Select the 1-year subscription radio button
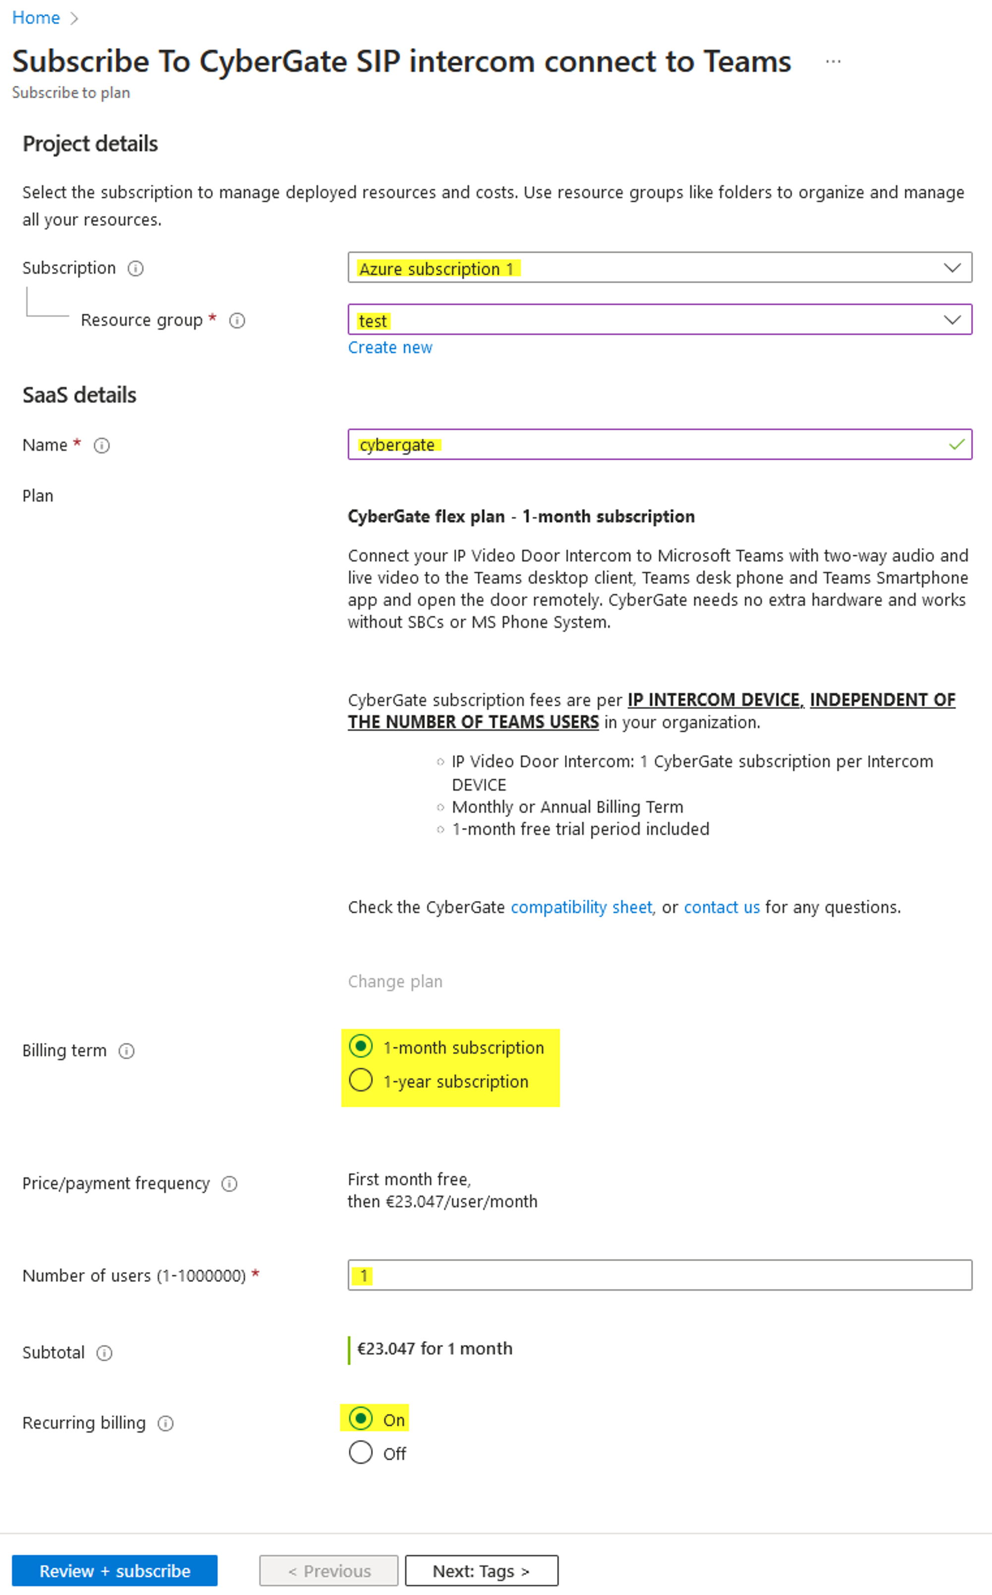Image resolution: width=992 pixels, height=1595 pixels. coord(361,1080)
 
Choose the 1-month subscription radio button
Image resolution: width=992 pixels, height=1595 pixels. coord(361,1046)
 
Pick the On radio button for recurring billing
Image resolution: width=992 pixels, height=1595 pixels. coord(361,1418)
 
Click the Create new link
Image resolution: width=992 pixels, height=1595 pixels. coord(390,348)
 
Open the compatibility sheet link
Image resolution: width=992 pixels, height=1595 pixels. coord(581,907)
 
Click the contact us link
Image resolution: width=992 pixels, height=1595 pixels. coord(722,907)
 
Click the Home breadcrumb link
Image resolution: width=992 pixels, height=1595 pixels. coord(36,18)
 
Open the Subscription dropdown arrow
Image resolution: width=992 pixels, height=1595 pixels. coord(952,268)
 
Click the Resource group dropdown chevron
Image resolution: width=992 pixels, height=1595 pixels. coord(952,319)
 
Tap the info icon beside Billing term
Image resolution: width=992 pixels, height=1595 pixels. coord(126,1051)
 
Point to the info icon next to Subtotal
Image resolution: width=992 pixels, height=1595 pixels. coord(104,1353)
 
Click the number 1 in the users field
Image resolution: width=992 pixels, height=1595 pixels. coord(364,1276)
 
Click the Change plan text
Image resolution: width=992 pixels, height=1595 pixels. coord(395,981)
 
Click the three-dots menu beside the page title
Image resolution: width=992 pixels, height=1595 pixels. coord(833,62)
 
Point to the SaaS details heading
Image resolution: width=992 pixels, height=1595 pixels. coord(79,395)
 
